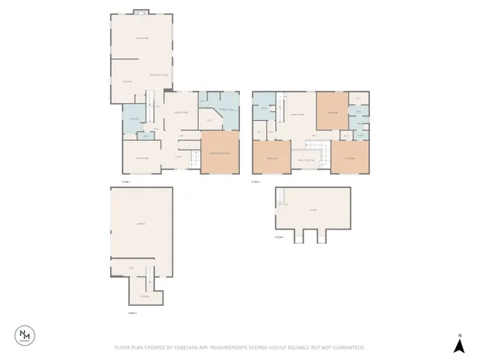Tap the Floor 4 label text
pyautogui.click(x=279, y=237)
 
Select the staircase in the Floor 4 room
pyautogui.click(x=281, y=197)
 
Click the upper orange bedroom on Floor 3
pyautogui.click(x=331, y=113)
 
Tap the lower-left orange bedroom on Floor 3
pyautogui.click(x=271, y=158)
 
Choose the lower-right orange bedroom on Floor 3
pyautogui.click(x=350, y=158)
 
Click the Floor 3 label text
pyautogui.click(x=255, y=181)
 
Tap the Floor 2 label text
pyautogui.click(x=126, y=181)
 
